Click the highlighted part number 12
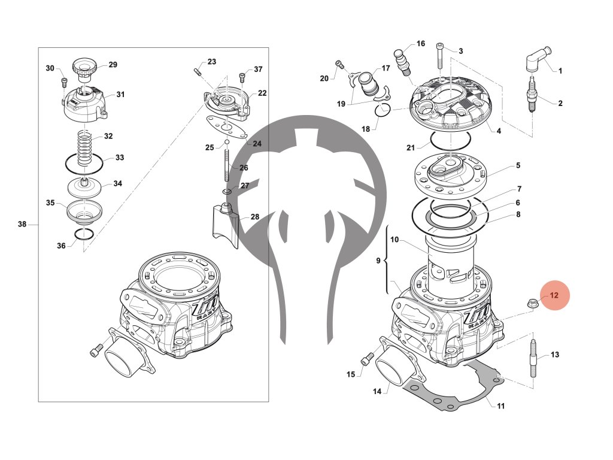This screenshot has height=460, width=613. coord(554,295)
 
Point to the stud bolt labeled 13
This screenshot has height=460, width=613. coord(533,358)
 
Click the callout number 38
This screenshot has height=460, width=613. coord(22,225)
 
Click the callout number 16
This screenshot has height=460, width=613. coord(421,44)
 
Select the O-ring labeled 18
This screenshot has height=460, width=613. coord(384,110)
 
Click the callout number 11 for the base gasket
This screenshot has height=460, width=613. coord(500,405)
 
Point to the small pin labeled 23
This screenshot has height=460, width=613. coord(197,72)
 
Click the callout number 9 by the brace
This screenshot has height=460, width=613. coord(378,261)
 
